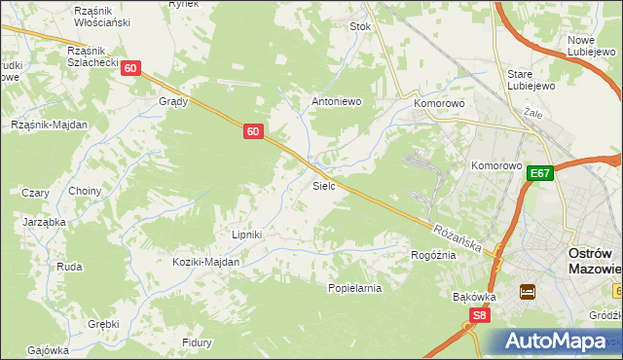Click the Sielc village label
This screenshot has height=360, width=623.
click(324, 185)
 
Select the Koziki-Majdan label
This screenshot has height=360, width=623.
click(205, 262)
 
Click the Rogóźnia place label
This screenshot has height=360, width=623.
click(434, 255)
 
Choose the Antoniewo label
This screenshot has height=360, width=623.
click(336, 101)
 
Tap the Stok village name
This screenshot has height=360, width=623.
click(361, 27)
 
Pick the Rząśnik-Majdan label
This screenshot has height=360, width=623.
click(49, 125)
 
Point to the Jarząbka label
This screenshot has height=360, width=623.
click(44, 222)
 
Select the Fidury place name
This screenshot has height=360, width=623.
click(198, 342)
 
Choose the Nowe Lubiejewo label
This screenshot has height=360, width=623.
click(588, 46)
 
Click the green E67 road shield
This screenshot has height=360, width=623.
click(540, 173)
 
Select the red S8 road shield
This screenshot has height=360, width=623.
click(478, 315)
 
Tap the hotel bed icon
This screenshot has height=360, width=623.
click(528, 292)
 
